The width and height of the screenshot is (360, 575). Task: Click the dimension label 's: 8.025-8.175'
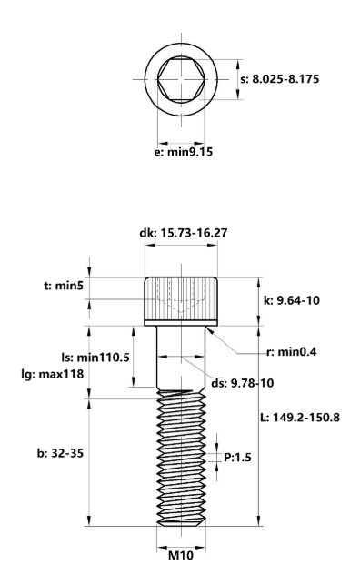click(280, 79)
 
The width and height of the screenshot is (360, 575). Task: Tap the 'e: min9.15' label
click(184, 152)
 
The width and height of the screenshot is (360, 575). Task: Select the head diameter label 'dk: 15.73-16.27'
click(184, 233)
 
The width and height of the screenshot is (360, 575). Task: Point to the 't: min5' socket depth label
click(64, 286)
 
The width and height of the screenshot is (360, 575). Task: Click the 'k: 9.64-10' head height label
click(292, 300)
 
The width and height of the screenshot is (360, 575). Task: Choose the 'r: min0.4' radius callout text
click(292, 352)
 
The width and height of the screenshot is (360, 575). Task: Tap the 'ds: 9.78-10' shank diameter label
click(243, 383)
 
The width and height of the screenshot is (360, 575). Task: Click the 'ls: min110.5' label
click(95, 358)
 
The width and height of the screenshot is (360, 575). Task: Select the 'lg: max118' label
click(53, 374)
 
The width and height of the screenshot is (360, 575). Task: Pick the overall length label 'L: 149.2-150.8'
click(300, 418)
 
